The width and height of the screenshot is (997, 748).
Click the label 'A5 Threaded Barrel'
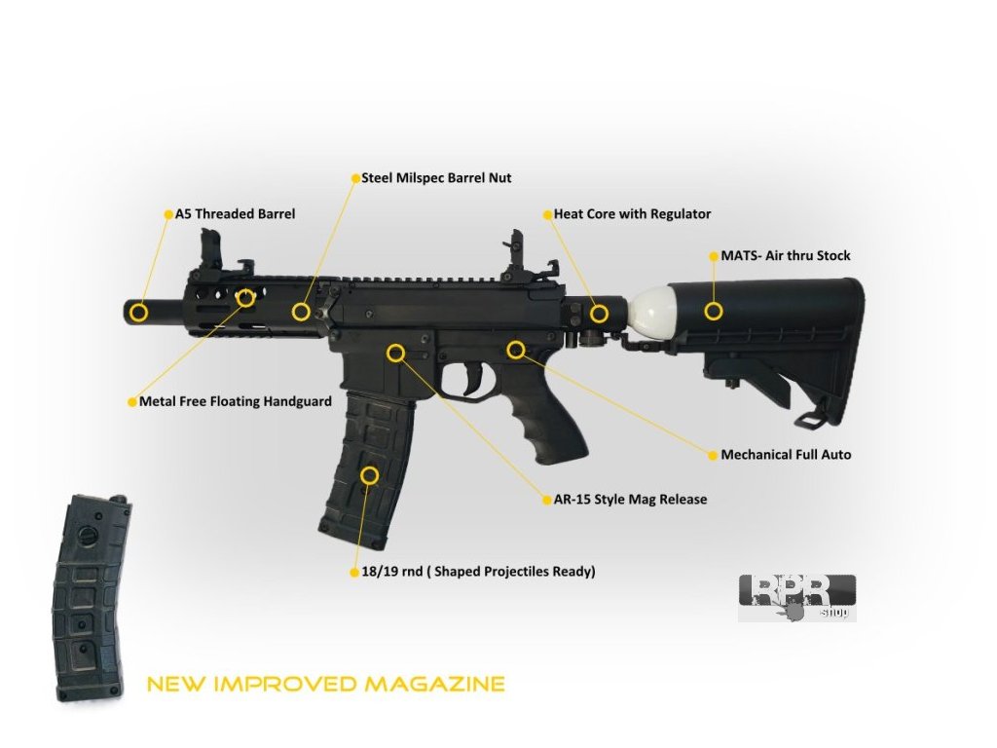click(x=234, y=214)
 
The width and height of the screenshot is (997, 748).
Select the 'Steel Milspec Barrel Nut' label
click(x=435, y=178)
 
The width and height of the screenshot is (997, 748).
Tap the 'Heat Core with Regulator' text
click(x=632, y=214)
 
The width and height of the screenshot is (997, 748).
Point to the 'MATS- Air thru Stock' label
click(x=785, y=256)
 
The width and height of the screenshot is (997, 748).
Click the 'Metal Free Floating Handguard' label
click(x=235, y=401)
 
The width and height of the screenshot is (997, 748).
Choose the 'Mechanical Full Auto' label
click(x=786, y=455)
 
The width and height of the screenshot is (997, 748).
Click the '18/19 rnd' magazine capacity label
click(x=477, y=572)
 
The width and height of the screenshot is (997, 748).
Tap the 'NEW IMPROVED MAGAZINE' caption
click(x=325, y=684)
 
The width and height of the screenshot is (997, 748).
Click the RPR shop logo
click(x=796, y=596)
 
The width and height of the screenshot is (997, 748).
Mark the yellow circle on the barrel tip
click(x=139, y=312)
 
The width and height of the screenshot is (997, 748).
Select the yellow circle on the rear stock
click(x=714, y=312)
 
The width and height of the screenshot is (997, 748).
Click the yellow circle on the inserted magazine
click(x=369, y=475)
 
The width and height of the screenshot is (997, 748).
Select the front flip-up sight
click(x=211, y=248)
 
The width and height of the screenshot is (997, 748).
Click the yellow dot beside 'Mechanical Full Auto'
click(x=711, y=455)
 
